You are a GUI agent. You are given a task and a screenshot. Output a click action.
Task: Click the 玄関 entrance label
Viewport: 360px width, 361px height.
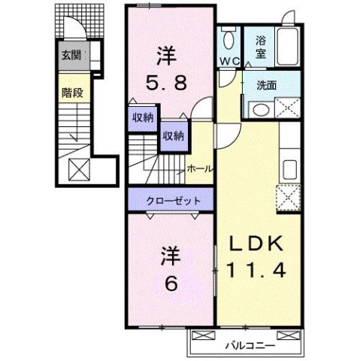[x=71, y=56]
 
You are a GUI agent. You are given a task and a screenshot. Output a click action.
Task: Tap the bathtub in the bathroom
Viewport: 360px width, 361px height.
[x=287, y=44]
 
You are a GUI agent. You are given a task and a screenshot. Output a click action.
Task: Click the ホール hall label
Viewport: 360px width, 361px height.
[x=198, y=169]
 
